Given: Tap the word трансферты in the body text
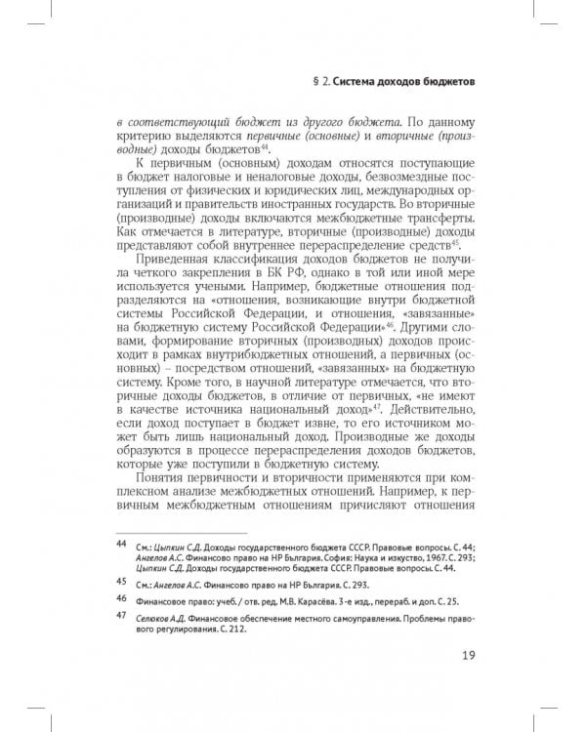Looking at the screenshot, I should [437, 223].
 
